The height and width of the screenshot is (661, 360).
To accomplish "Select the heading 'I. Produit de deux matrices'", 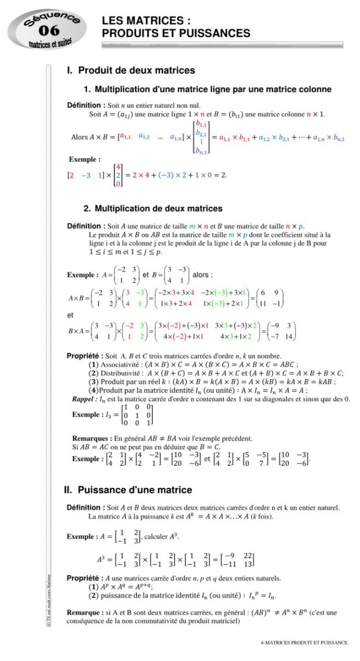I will click(131, 70).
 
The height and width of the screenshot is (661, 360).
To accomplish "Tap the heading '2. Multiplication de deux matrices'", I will click(153, 208).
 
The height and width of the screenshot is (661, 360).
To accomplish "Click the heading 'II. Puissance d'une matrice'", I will click(128, 490).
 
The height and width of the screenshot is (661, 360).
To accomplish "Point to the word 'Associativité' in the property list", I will click(121, 364).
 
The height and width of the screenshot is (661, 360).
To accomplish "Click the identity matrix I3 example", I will click(138, 415).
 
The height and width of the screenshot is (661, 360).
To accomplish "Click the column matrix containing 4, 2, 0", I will click(118, 175).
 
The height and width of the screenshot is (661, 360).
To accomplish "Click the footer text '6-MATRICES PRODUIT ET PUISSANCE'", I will click(304, 643).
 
